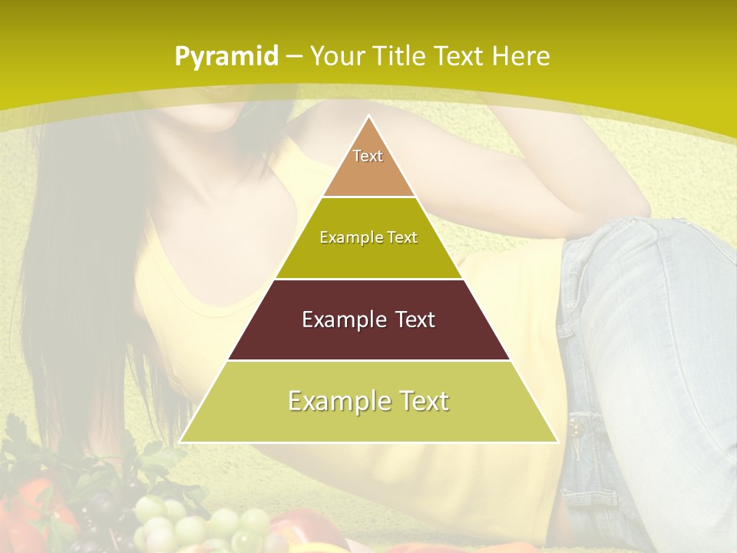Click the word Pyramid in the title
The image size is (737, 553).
pos(226,57)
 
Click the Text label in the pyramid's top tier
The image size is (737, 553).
pos(368,156)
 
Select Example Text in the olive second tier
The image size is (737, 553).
pos(368,237)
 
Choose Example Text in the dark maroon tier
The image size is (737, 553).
pos(368,320)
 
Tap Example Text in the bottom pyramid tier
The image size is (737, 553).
pos(368,401)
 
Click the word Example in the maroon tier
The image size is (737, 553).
pos(341,320)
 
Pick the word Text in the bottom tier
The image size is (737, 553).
pos(421,401)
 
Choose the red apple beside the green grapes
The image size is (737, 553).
pos(292,530)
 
